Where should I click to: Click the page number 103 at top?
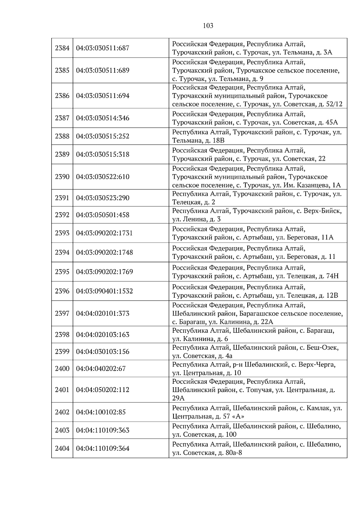point(208,26)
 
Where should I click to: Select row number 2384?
point(62,48)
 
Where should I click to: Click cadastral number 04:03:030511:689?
point(103,70)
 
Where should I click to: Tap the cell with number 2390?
point(62,177)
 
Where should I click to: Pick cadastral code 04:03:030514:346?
point(103,118)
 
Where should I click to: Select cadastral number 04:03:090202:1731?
point(104,233)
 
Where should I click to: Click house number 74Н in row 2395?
point(332,276)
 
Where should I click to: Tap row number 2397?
point(62,313)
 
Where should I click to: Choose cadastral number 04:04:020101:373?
point(103,313)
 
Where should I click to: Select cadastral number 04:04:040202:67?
point(101,369)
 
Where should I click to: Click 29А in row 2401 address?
point(178,398)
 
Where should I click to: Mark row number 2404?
point(62,448)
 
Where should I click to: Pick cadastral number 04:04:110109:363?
point(103,430)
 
